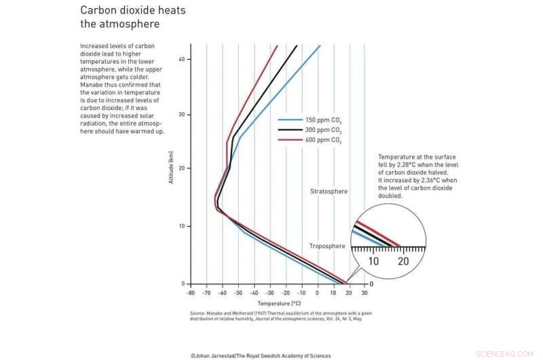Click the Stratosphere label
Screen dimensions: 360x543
(x=329, y=192)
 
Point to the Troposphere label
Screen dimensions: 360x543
(x=328, y=246)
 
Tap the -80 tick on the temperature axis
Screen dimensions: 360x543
(x=190, y=293)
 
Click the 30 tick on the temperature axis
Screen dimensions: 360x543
(x=364, y=293)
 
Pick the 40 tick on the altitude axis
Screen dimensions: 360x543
(x=181, y=59)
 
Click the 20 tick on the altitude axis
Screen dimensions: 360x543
(x=181, y=168)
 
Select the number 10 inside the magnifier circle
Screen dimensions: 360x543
(x=374, y=262)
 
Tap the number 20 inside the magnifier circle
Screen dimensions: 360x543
(x=403, y=262)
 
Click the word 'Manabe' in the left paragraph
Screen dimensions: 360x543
(x=91, y=84)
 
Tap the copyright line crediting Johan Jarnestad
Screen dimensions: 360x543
(x=261, y=355)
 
